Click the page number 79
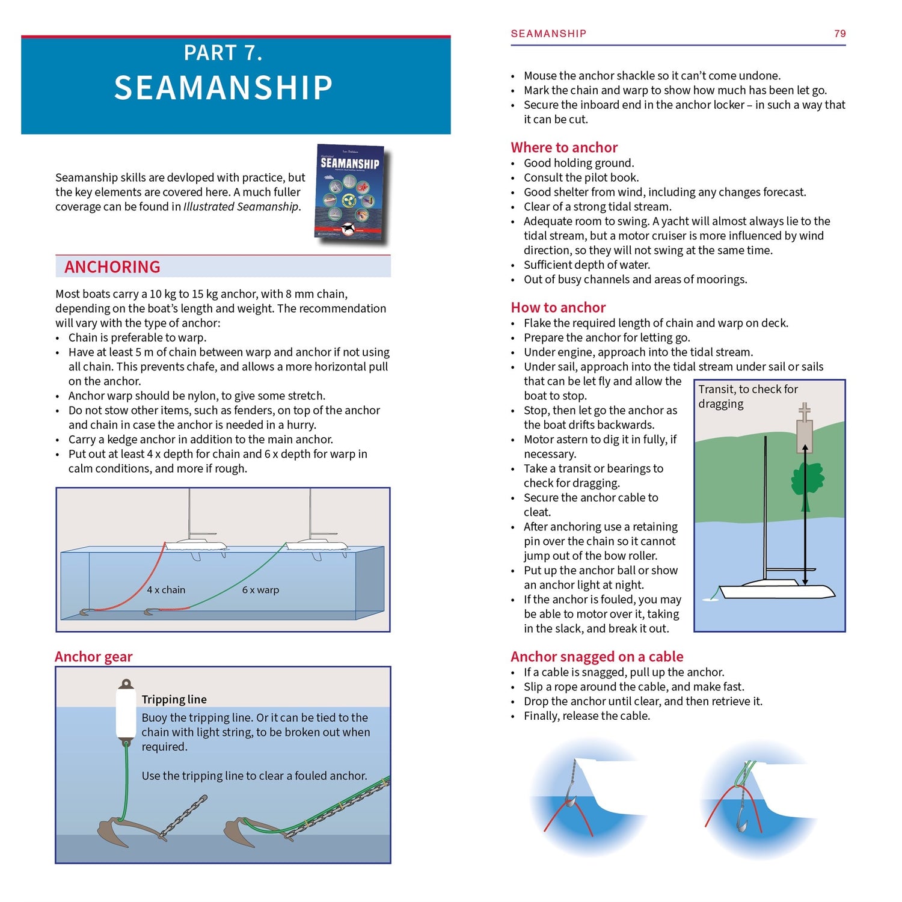pyautogui.click(x=839, y=34)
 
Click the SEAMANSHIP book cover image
pyautogui.click(x=351, y=193)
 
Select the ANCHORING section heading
pyautogui.click(x=112, y=267)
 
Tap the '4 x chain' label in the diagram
pyautogui.click(x=166, y=590)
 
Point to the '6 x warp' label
pyautogui.click(x=260, y=590)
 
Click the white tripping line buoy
pyautogui.click(x=126, y=713)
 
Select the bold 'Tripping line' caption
pyautogui.click(x=174, y=699)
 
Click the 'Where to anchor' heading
pyautogui.click(x=563, y=147)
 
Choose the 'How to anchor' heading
pyautogui.click(x=557, y=307)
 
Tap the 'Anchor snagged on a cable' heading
pyautogui.click(x=597, y=657)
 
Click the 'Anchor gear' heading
pyautogui.click(x=93, y=657)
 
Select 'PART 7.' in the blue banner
pyautogui.click(x=223, y=53)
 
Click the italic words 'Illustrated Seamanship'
pyautogui.click(x=241, y=207)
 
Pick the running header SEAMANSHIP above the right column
pyautogui.click(x=548, y=34)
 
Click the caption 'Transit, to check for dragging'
pyautogui.click(x=747, y=396)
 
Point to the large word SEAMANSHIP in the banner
pyautogui.click(x=223, y=88)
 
